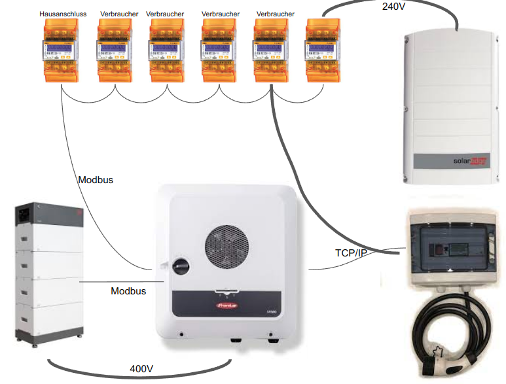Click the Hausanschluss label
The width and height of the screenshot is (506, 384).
pos(60,13)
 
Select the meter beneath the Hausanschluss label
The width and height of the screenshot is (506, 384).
pos(60,49)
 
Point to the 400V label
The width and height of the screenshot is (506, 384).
pos(141,370)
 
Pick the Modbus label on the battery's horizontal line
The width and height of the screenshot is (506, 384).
pos(128,290)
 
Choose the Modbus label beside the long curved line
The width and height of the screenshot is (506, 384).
pos(96,179)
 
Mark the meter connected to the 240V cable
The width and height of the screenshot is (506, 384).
pos(322,49)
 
